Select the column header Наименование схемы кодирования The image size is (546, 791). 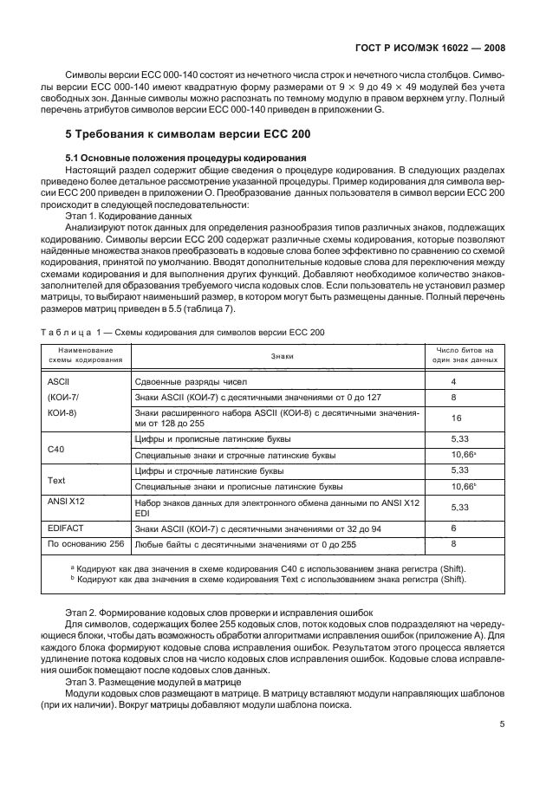[x=85, y=355]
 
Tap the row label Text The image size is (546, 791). [x=58, y=479]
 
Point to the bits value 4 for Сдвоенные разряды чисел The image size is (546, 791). [x=453, y=381]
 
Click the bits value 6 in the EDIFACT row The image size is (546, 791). [x=453, y=528]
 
